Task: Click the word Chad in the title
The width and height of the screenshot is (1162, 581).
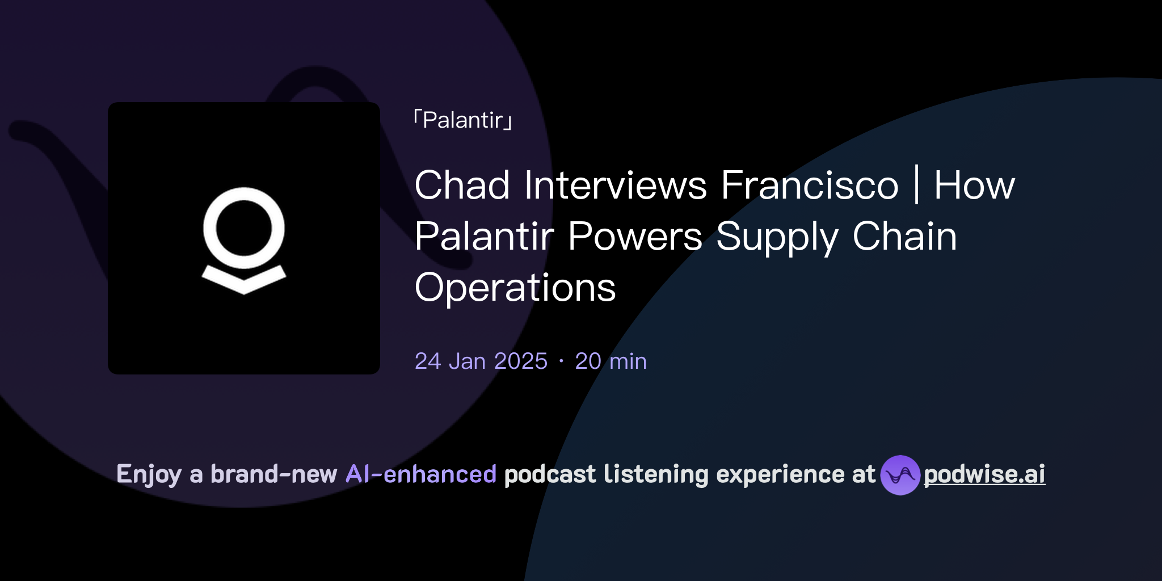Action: pos(462,186)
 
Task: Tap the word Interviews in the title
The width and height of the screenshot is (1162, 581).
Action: pos(615,186)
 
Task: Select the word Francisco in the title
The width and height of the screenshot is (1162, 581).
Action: pos(810,186)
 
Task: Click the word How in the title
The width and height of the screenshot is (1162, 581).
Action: pos(974,186)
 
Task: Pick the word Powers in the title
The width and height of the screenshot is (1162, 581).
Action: pos(635,237)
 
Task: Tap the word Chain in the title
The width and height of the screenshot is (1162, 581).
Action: pos(904,237)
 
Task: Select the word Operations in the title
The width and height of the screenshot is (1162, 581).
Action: pos(515,288)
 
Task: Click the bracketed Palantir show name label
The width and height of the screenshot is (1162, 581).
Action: pos(463,120)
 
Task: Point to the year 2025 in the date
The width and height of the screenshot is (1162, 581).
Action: pos(520,361)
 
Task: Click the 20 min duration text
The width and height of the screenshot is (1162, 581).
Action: pos(611,361)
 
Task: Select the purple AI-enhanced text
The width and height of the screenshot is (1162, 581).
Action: pos(421,474)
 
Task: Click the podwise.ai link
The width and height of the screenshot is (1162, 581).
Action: pos(984,474)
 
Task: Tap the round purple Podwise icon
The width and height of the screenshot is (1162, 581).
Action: pos(900,475)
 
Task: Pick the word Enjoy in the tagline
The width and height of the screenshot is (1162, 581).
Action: pos(149,474)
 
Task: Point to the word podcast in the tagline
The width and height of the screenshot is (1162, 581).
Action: pos(550,474)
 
